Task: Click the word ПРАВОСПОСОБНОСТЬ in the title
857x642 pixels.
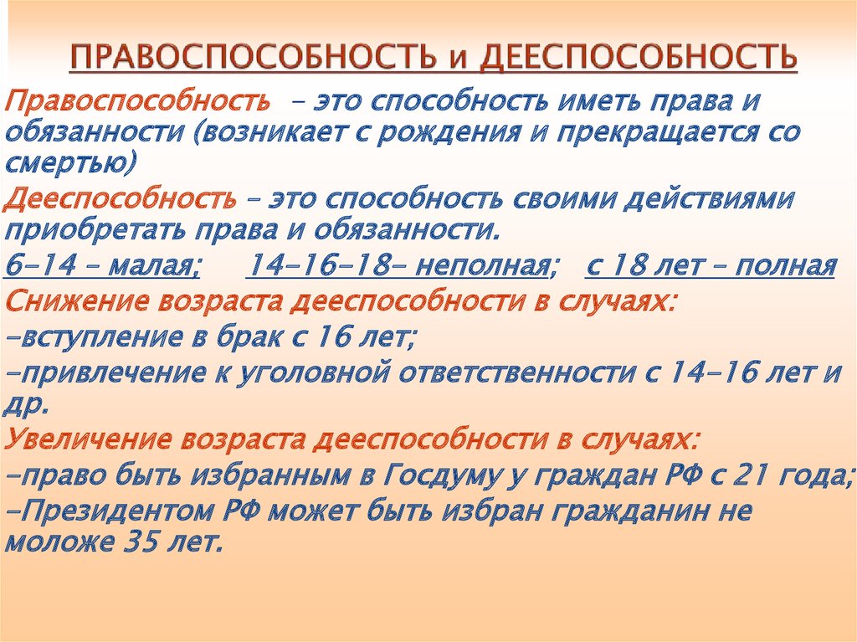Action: coord(253,57)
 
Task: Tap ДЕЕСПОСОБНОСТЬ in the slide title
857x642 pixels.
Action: coord(639,57)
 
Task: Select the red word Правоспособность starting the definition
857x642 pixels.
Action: coord(137,102)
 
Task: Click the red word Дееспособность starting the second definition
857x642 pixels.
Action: coord(121,199)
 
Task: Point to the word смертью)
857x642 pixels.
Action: coord(69,164)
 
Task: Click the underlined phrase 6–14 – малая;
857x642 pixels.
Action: coord(102,266)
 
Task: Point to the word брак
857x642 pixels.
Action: coord(249,336)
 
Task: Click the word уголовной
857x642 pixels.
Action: coord(313,373)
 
